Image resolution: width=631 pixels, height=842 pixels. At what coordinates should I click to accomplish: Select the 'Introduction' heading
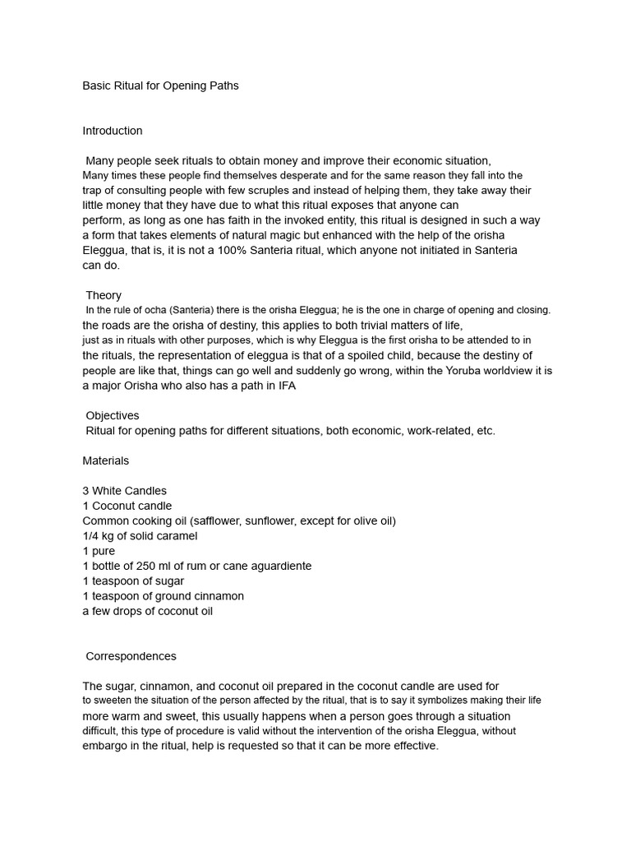pyautogui.click(x=113, y=131)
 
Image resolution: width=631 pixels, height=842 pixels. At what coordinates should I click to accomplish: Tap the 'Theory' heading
pyautogui.click(x=104, y=295)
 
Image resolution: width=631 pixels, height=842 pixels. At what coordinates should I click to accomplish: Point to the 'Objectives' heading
pyautogui.click(x=113, y=416)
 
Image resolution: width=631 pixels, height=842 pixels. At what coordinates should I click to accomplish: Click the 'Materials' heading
pyautogui.click(x=106, y=460)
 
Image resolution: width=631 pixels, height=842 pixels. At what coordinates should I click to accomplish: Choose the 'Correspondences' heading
pyautogui.click(x=131, y=656)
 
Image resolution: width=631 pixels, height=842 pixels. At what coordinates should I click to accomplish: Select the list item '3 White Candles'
pyautogui.click(x=125, y=491)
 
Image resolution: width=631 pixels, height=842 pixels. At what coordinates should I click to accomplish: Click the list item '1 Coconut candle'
pyautogui.click(x=127, y=506)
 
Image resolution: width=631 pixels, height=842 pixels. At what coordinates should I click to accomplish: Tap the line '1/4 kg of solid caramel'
pyautogui.click(x=140, y=536)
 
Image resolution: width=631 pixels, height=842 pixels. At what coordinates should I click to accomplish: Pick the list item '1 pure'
pyautogui.click(x=99, y=551)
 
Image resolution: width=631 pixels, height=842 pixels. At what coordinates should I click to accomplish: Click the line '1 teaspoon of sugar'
pyautogui.click(x=134, y=581)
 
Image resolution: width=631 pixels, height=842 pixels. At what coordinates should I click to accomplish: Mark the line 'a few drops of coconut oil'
pyautogui.click(x=148, y=611)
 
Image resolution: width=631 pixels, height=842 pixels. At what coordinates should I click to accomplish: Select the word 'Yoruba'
pyautogui.click(x=439, y=371)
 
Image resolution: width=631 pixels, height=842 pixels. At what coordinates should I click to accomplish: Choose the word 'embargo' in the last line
pyautogui.click(x=105, y=746)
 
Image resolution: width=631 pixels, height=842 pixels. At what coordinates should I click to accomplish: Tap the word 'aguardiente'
pyautogui.click(x=277, y=566)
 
